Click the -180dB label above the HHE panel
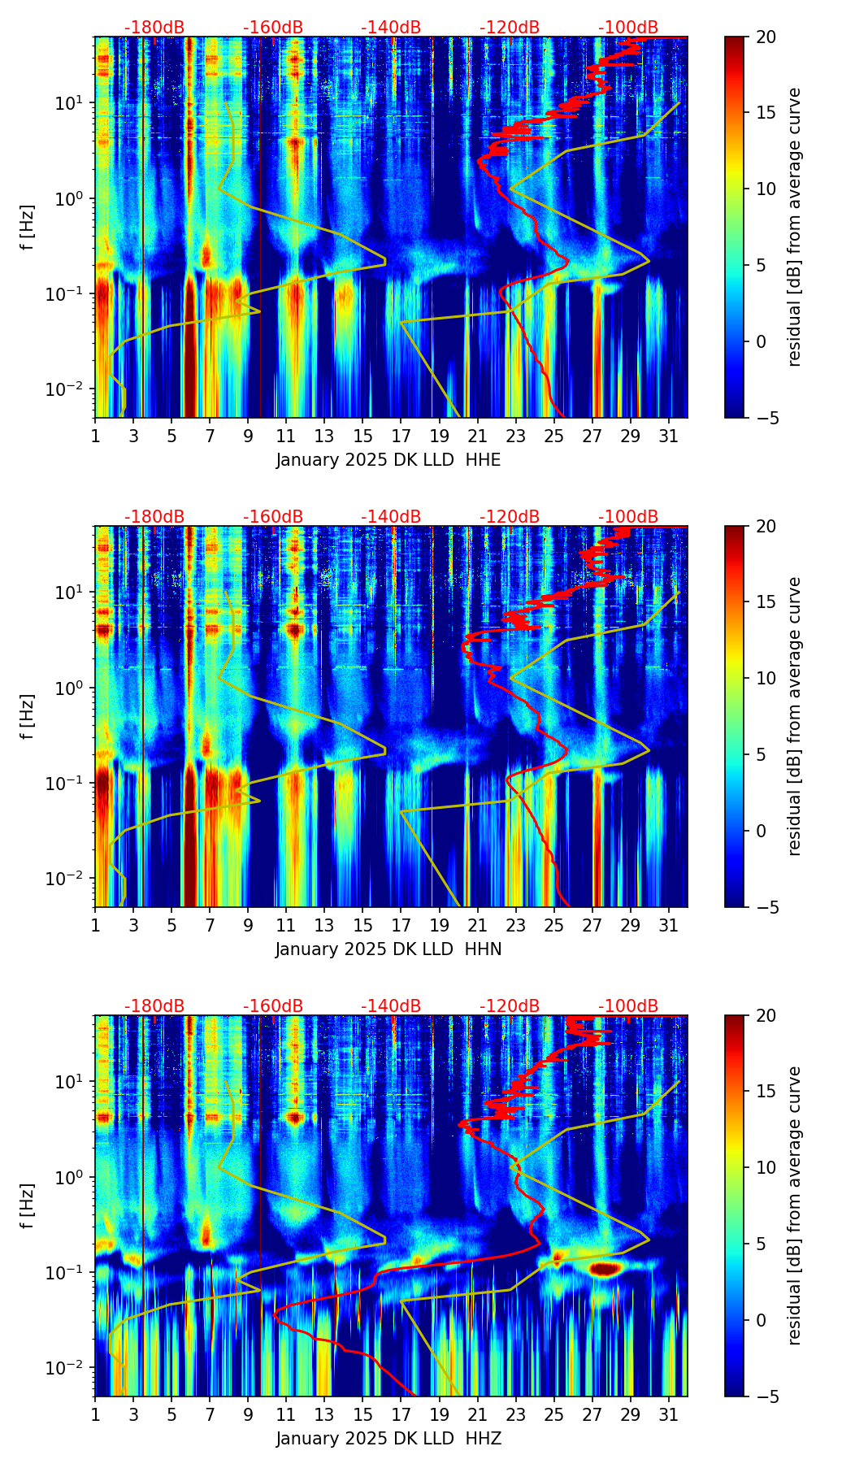pos(154,28)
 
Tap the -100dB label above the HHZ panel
pos(628,1006)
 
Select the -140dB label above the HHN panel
pos(391,517)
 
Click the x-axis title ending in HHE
pos(388,460)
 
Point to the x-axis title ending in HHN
pos(388,949)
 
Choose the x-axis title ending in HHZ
pos(388,1439)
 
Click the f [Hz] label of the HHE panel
pos(28,228)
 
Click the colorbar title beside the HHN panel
pos(794,716)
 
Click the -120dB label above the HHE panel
pos(510,28)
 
